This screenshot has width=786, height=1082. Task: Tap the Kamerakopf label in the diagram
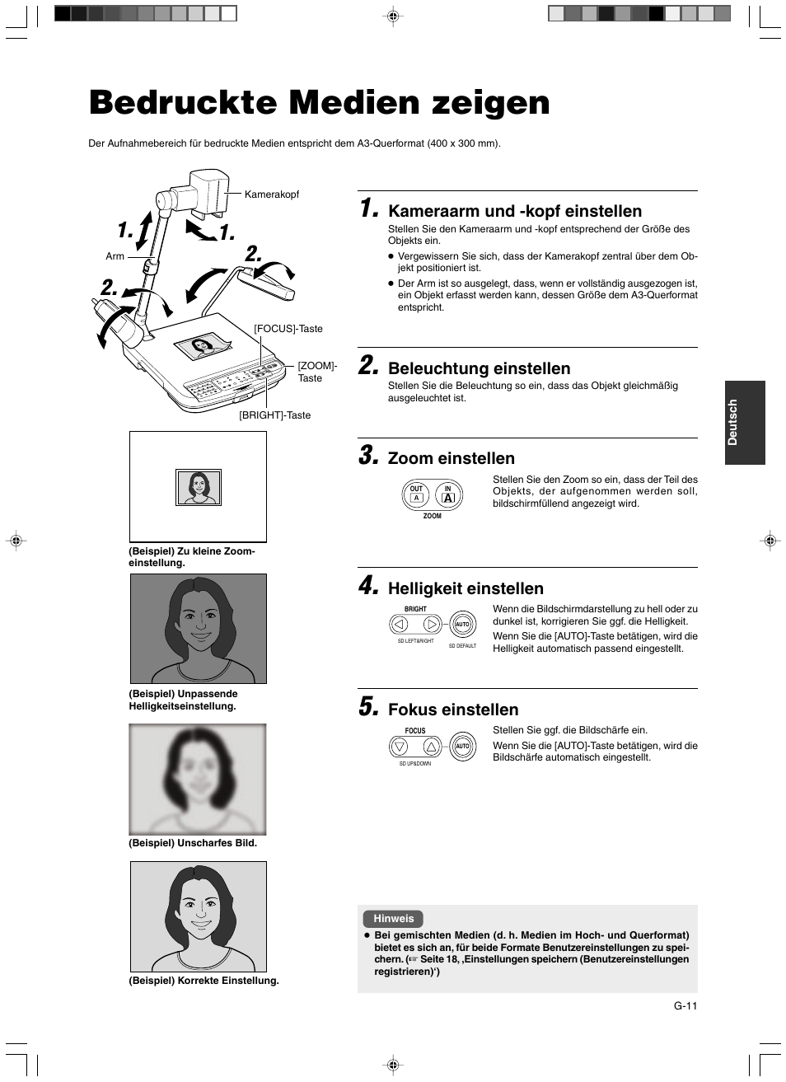pyautogui.click(x=271, y=194)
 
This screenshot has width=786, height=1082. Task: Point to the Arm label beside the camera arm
pyautogui.click(x=115, y=256)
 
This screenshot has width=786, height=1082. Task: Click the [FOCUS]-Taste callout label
pyautogui.click(x=288, y=329)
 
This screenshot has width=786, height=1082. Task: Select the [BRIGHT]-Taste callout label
pyautogui.click(x=274, y=415)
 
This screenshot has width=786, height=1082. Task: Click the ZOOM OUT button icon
pyautogui.click(x=417, y=494)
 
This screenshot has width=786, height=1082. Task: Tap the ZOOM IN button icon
pyautogui.click(x=448, y=494)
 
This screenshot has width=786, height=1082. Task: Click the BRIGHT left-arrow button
pyautogui.click(x=400, y=625)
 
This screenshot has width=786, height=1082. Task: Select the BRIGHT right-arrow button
pyautogui.click(x=431, y=625)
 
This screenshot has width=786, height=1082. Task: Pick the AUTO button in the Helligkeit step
pyautogui.click(x=462, y=625)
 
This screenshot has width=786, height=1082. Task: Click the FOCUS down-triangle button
pyautogui.click(x=400, y=747)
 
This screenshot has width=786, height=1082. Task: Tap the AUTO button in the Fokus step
pyautogui.click(x=462, y=747)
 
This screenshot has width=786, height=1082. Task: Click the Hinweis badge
pyautogui.click(x=393, y=919)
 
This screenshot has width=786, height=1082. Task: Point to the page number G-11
pyautogui.click(x=685, y=1005)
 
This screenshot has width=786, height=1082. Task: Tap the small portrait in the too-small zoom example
pyautogui.click(x=199, y=488)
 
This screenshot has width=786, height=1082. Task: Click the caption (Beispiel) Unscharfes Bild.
pyautogui.click(x=193, y=843)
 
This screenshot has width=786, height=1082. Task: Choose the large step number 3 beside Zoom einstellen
pyautogui.click(x=367, y=456)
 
